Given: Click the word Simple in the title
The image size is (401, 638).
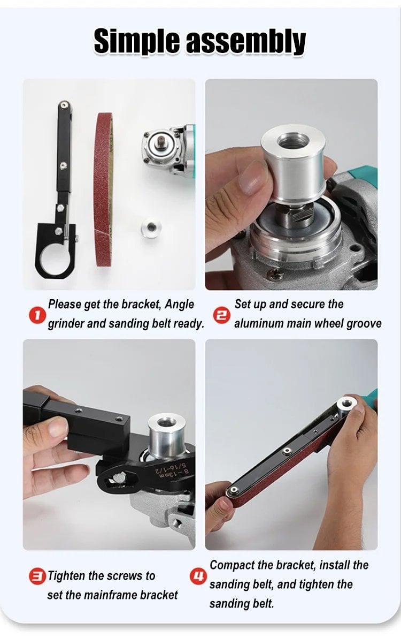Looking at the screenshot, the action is pos(136,41).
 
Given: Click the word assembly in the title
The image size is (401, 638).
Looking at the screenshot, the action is pos(246,41).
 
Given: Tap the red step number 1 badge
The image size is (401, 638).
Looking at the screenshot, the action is pos(37,316).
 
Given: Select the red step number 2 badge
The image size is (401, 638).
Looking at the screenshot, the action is pos(222,316).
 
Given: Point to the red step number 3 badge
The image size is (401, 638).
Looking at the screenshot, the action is pos(37,576).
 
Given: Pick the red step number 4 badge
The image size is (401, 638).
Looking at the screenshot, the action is pos(198,576).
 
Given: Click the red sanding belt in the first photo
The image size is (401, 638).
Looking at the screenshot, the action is pos(103,189).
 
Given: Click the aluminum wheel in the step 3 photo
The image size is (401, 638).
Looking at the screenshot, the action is pos(167,435).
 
